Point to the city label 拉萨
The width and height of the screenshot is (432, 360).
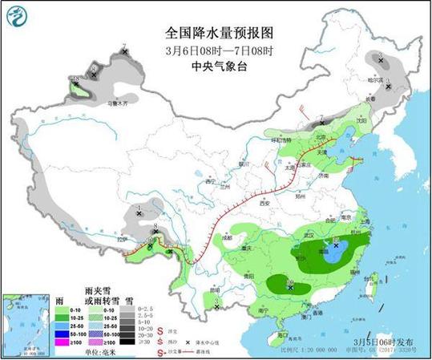[121, 239]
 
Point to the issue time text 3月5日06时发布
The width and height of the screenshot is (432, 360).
[383, 340]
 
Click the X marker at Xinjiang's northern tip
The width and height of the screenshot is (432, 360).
[124, 52]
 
